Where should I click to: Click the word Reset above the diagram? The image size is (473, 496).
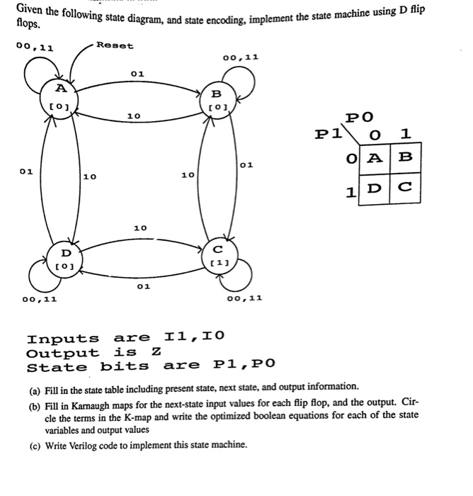(114, 45)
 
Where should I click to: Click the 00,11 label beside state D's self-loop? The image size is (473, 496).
(40, 300)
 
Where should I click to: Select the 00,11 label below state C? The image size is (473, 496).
(245, 299)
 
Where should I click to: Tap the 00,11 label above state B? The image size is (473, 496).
(240, 57)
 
